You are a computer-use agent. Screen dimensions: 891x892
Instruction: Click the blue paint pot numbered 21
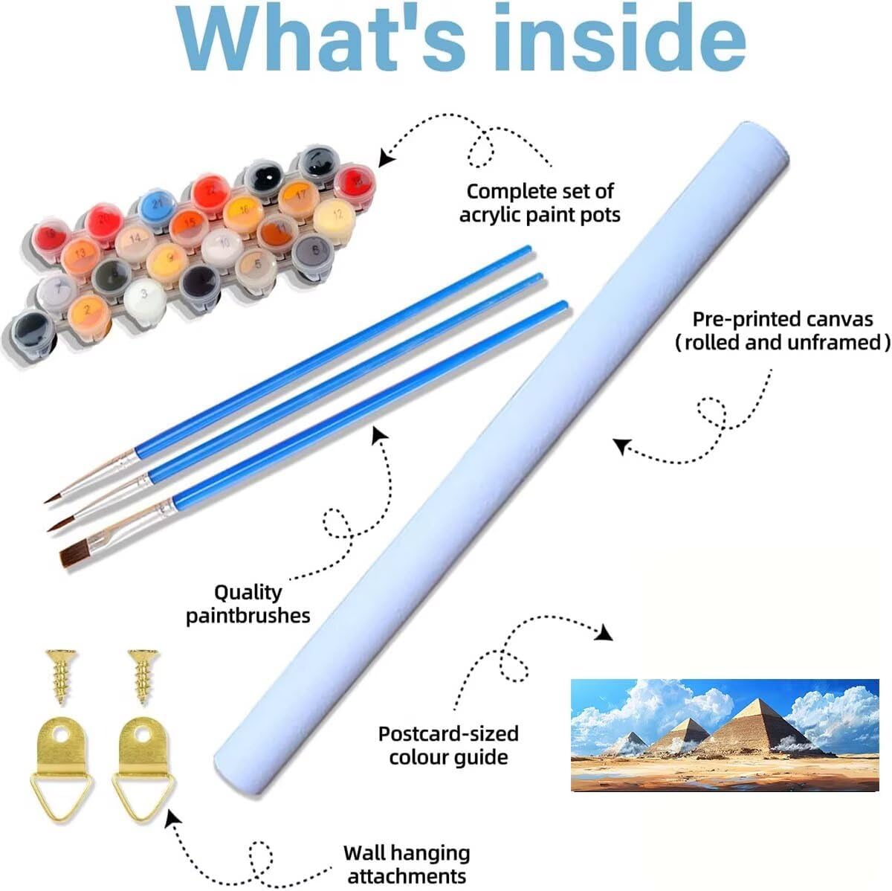click(x=157, y=203)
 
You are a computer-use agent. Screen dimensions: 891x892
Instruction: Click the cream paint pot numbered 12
click(x=336, y=215)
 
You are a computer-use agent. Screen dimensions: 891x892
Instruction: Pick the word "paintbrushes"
click(x=248, y=615)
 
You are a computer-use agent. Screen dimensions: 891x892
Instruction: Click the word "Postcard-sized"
click(x=448, y=733)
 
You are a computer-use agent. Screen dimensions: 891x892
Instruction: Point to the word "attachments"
click(x=407, y=875)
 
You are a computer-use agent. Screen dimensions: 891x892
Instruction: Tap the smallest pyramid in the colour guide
click(x=633, y=740)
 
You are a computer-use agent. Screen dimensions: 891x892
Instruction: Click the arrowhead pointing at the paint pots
click(x=385, y=157)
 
